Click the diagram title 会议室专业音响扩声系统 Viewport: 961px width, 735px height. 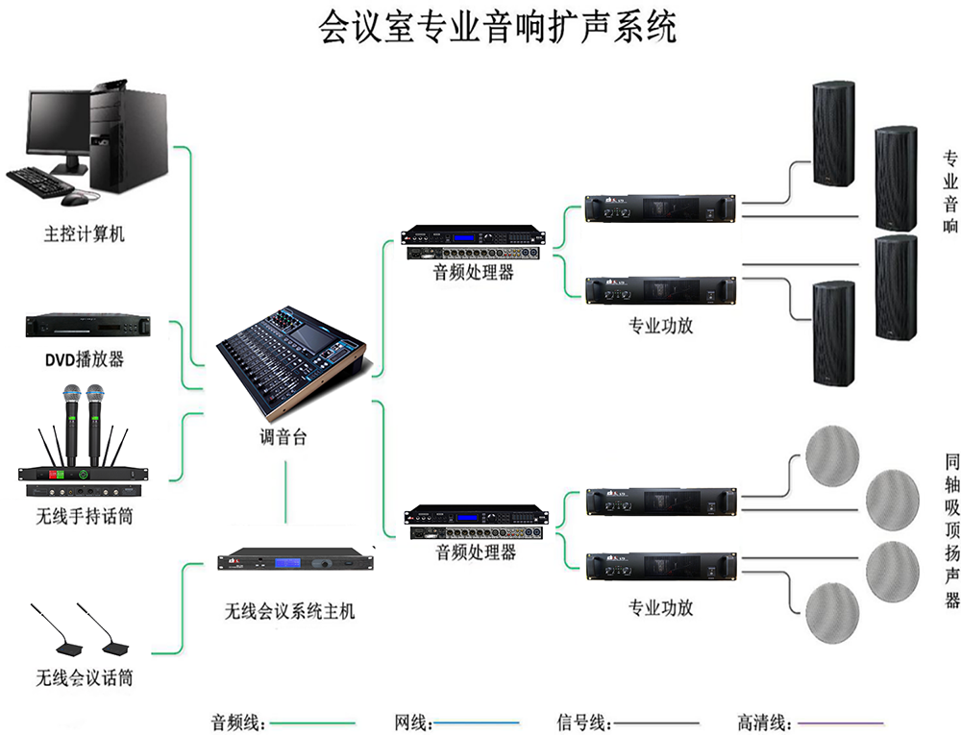click(x=497, y=28)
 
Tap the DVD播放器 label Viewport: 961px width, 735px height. click(x=85, y=360)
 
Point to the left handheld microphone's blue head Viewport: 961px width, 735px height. click(x=71, y=394)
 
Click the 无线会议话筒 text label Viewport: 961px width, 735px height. click(x=85, y=678)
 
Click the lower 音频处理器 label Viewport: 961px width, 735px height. click(x=475, y=552)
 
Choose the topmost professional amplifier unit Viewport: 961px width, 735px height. click(x=660, y=208)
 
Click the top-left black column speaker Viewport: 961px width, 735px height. click(x=832, y=133)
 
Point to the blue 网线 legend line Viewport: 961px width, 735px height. click(x=477, y=722)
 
